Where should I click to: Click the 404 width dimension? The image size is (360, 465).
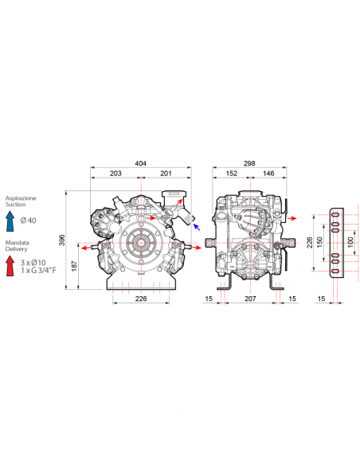[x=140, y=163]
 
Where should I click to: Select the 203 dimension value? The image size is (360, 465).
[x=115, y=174]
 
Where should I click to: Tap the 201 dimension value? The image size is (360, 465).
[x=166, y=174]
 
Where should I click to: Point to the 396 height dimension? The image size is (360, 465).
[x=61, y=240]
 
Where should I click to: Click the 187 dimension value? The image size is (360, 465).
[x=74, y=266]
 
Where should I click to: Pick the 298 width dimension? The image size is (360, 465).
[x=249, y=163]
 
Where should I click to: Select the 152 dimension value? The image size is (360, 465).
[x=231, y=174]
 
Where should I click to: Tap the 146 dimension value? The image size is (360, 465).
[x=268, y=174]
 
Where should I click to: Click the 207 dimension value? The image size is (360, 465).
[x=250, y=299]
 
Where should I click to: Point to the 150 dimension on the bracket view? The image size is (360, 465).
[x=319, y=243]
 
